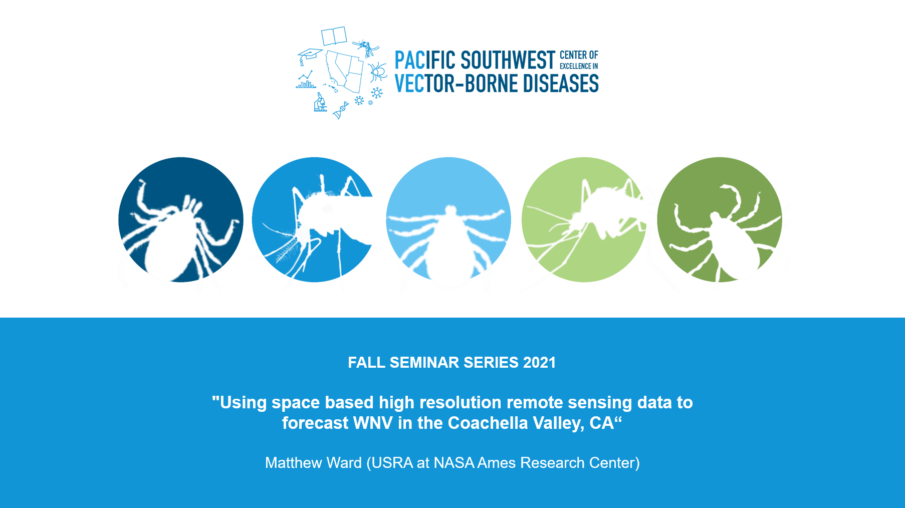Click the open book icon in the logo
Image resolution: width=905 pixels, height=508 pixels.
click(x=334, y=36)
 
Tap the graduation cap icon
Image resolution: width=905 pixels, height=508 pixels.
click(x=309, y=55)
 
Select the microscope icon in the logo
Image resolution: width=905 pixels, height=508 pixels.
click(x=320, y=102)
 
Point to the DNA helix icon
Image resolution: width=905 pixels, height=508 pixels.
click(x=341, y=110)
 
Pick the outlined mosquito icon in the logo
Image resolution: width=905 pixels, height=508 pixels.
click(x=366, y=48)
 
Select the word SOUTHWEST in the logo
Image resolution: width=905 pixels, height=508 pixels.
click(x=508, y=60)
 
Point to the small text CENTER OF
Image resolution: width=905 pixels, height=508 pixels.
click(x=579, y=55)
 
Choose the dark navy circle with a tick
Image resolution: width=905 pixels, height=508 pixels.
click(x=181, y=219)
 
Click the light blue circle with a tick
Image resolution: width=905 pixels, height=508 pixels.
click(x=448, y=219)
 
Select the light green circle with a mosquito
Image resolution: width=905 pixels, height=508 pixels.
click(x=584, y=219)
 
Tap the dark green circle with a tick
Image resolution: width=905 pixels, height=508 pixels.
click(x=719, y=219)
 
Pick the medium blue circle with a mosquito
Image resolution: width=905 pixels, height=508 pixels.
click(x=314, y=219)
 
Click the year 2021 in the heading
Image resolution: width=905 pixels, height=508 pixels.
click(x=540, y=362)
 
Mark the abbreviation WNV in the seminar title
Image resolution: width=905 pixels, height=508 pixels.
click(x=373, y=423)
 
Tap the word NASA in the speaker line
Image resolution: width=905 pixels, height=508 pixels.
click(x=454, y=462)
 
